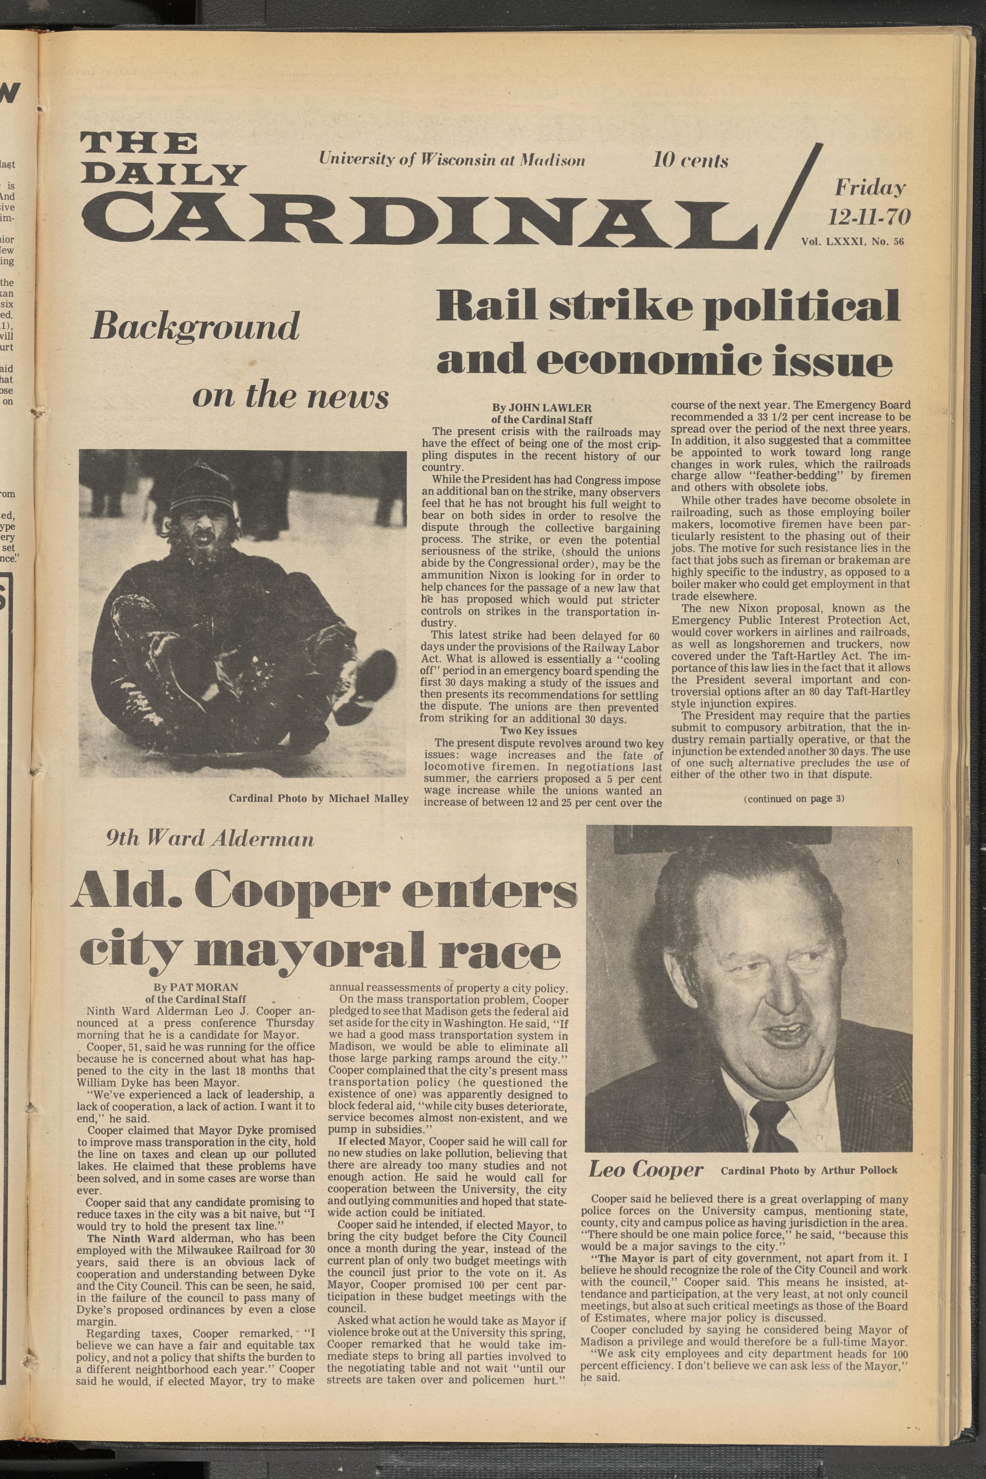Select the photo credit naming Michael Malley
click(318, 799)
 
